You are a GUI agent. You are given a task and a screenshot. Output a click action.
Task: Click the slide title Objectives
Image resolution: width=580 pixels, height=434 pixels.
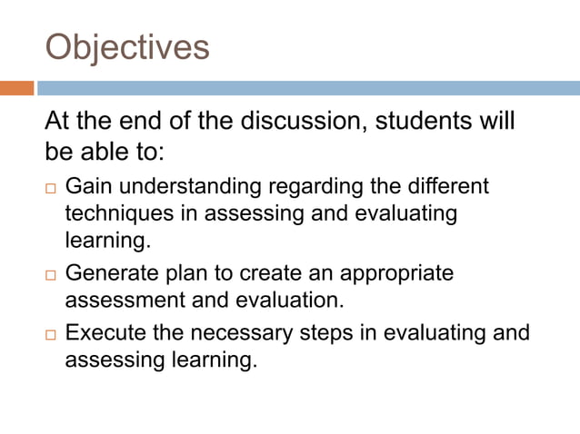126,47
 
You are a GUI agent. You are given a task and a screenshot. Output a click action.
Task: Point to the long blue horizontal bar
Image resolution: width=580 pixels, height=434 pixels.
308,88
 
